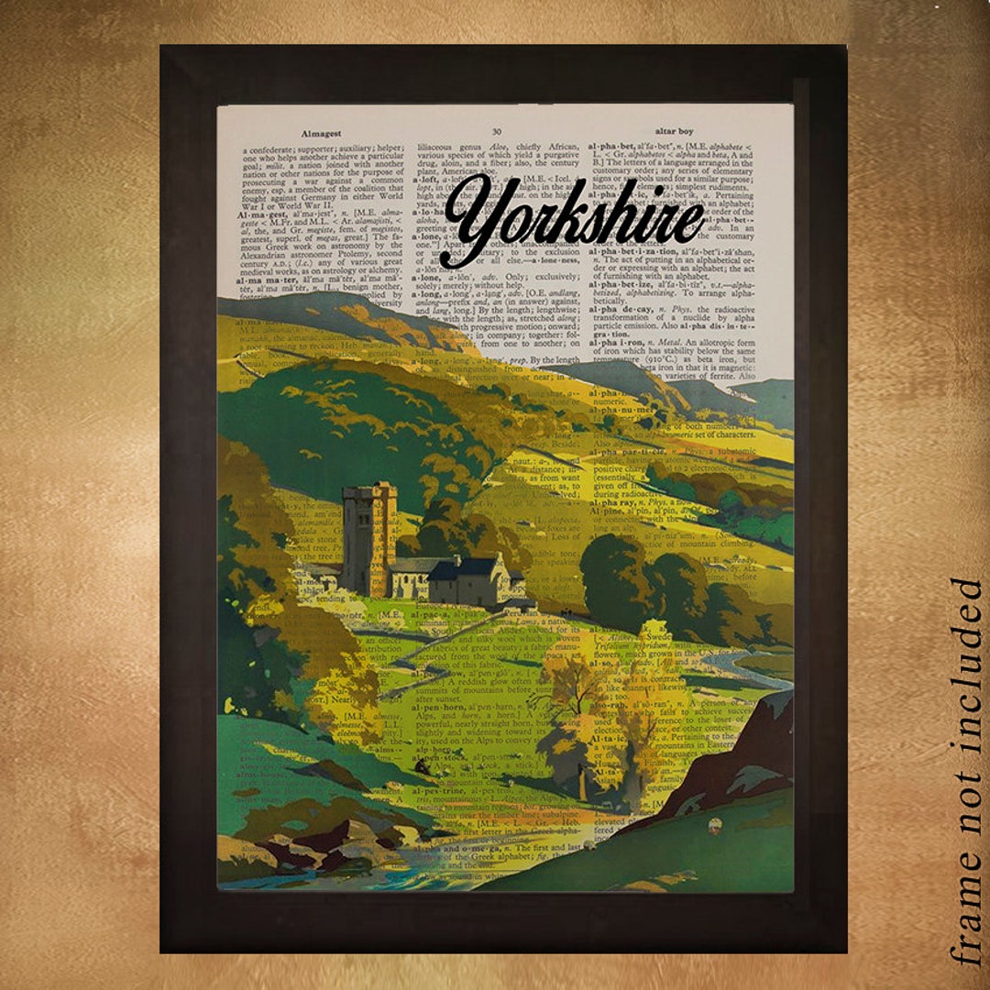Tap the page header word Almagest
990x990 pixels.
(x=321, y=133)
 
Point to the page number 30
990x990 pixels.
(x=496, y=133)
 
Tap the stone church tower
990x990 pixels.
(x=368, y=539)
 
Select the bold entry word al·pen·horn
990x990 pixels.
(x=438, y=708)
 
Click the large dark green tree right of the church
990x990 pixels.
(x=619, y=577)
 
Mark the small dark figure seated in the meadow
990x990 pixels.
(x=419, y=764)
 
